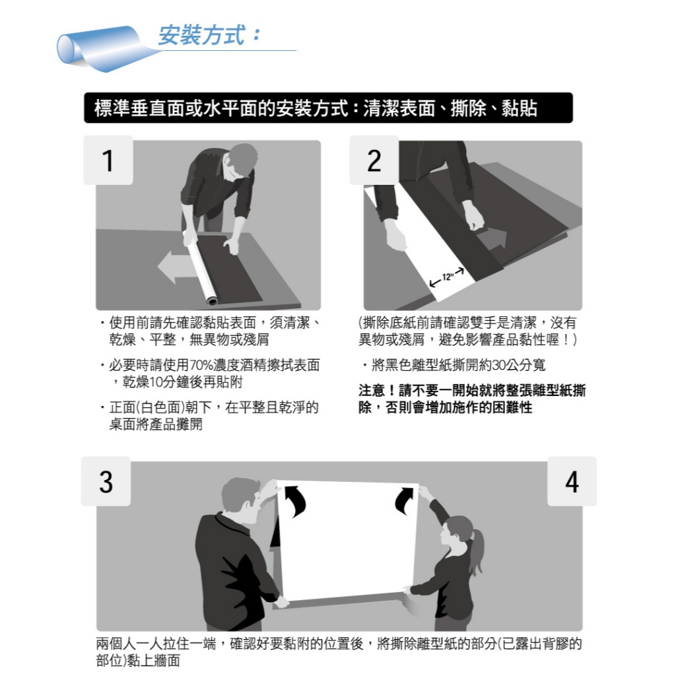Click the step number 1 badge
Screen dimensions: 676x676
(108, 160)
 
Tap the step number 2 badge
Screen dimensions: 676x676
(374, 160)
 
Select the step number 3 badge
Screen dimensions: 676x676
(106, 481)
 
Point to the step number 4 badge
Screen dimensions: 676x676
(572, 481)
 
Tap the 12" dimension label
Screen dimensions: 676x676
(448, 277)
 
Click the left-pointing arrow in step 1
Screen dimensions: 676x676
(174, 267)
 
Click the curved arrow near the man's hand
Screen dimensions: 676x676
(296, 500)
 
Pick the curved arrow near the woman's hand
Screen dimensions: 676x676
(404, 500)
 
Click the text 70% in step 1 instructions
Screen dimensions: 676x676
(200, 365)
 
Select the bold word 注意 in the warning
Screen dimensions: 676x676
(372, 391)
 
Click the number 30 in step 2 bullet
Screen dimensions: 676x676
(499, 365)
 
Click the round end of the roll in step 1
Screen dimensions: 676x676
(212, 300)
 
